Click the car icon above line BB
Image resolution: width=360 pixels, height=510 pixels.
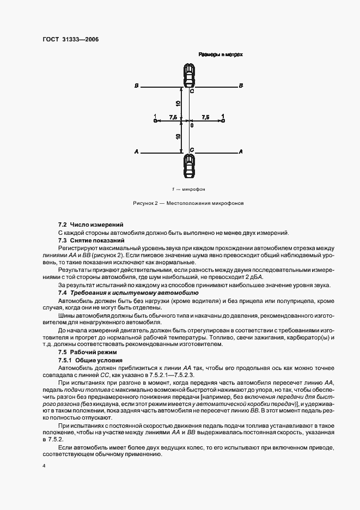[x=188, y=75]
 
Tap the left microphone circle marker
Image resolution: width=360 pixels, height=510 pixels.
[x=155, y=121]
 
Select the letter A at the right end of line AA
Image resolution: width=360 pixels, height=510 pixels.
[x=241, y=151]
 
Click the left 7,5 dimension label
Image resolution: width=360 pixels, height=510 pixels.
[x=172, y=117]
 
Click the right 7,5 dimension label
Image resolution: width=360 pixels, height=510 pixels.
[x=205, y=117]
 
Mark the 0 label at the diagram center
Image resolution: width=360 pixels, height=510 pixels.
[x=191, y=125]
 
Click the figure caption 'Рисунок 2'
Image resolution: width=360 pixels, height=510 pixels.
[x=188, y=203]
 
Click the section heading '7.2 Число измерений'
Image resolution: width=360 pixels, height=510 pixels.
[x=90, y=224]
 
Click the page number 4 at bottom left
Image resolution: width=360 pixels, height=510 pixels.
[x=45, y=466]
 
